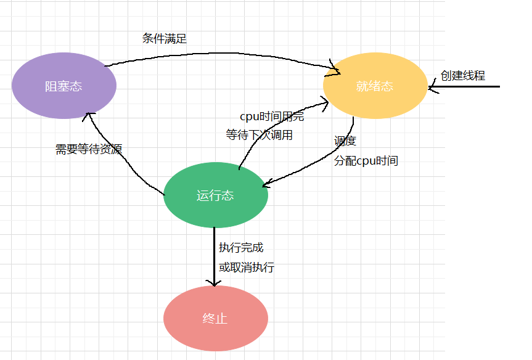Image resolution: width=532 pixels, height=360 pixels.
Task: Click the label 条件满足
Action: [165, 38]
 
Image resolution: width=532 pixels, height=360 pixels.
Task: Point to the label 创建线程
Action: [463, 76]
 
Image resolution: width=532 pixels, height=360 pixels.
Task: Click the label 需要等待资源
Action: [89, 149]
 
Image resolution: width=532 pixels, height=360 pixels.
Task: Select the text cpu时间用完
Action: [272, 117]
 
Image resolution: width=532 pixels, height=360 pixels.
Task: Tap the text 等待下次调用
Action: [259, 135]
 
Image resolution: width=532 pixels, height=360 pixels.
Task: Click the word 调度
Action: [345, 141]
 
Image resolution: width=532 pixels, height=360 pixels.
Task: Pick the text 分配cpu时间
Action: [366, 161]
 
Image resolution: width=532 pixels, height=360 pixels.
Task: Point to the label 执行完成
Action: [241, 247]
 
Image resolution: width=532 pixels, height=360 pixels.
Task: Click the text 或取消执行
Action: [247, 268]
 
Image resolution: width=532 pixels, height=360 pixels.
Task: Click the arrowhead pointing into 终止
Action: [215, 282]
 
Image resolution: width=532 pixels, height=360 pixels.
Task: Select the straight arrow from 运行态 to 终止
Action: [215, 253]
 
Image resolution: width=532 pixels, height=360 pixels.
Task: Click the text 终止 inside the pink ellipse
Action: [215, 319]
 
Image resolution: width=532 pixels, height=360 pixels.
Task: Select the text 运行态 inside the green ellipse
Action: [215, 196]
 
